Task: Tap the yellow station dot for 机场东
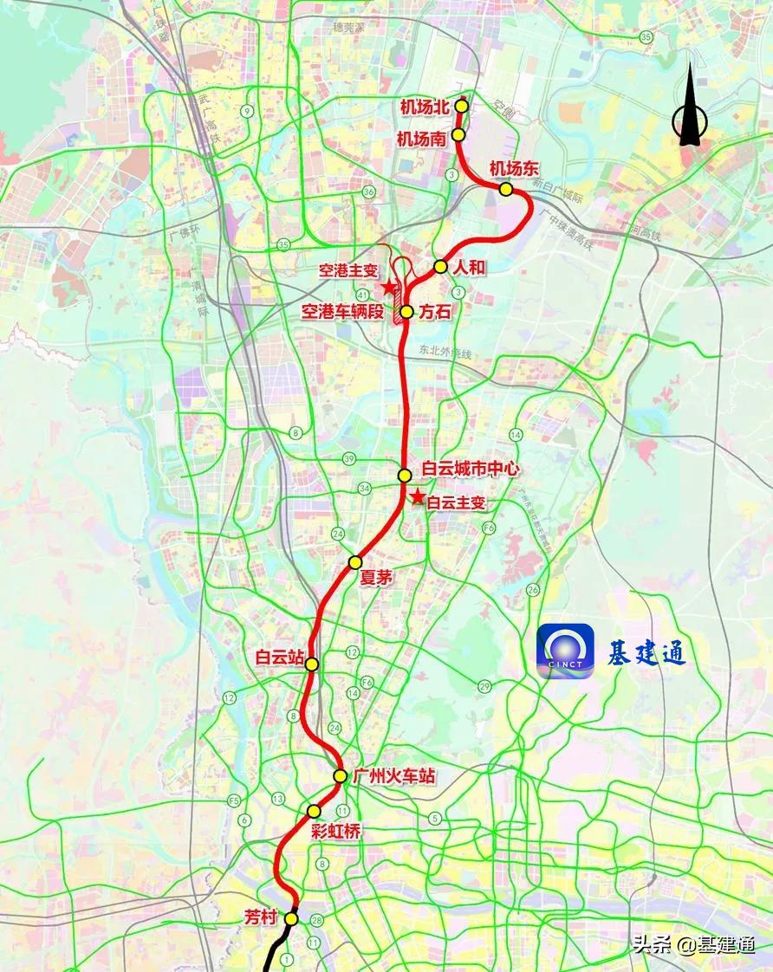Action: [x=505, y=189]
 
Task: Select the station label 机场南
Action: [x=421, y=138]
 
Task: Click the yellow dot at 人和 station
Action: [x=440, y=267]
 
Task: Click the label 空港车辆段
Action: [x=341, y=311]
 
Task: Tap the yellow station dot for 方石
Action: [x=406, y=312]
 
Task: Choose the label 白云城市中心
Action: [x=471, y=469]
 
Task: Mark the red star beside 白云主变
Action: [x=418, y=497]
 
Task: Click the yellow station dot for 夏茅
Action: [x=354, y=563]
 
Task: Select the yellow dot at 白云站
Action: [x=311, y=664]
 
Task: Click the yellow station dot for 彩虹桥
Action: [x=314, y=811]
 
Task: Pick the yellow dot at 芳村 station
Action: [x=291, y=918]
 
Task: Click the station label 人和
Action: [x=470, y=268]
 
